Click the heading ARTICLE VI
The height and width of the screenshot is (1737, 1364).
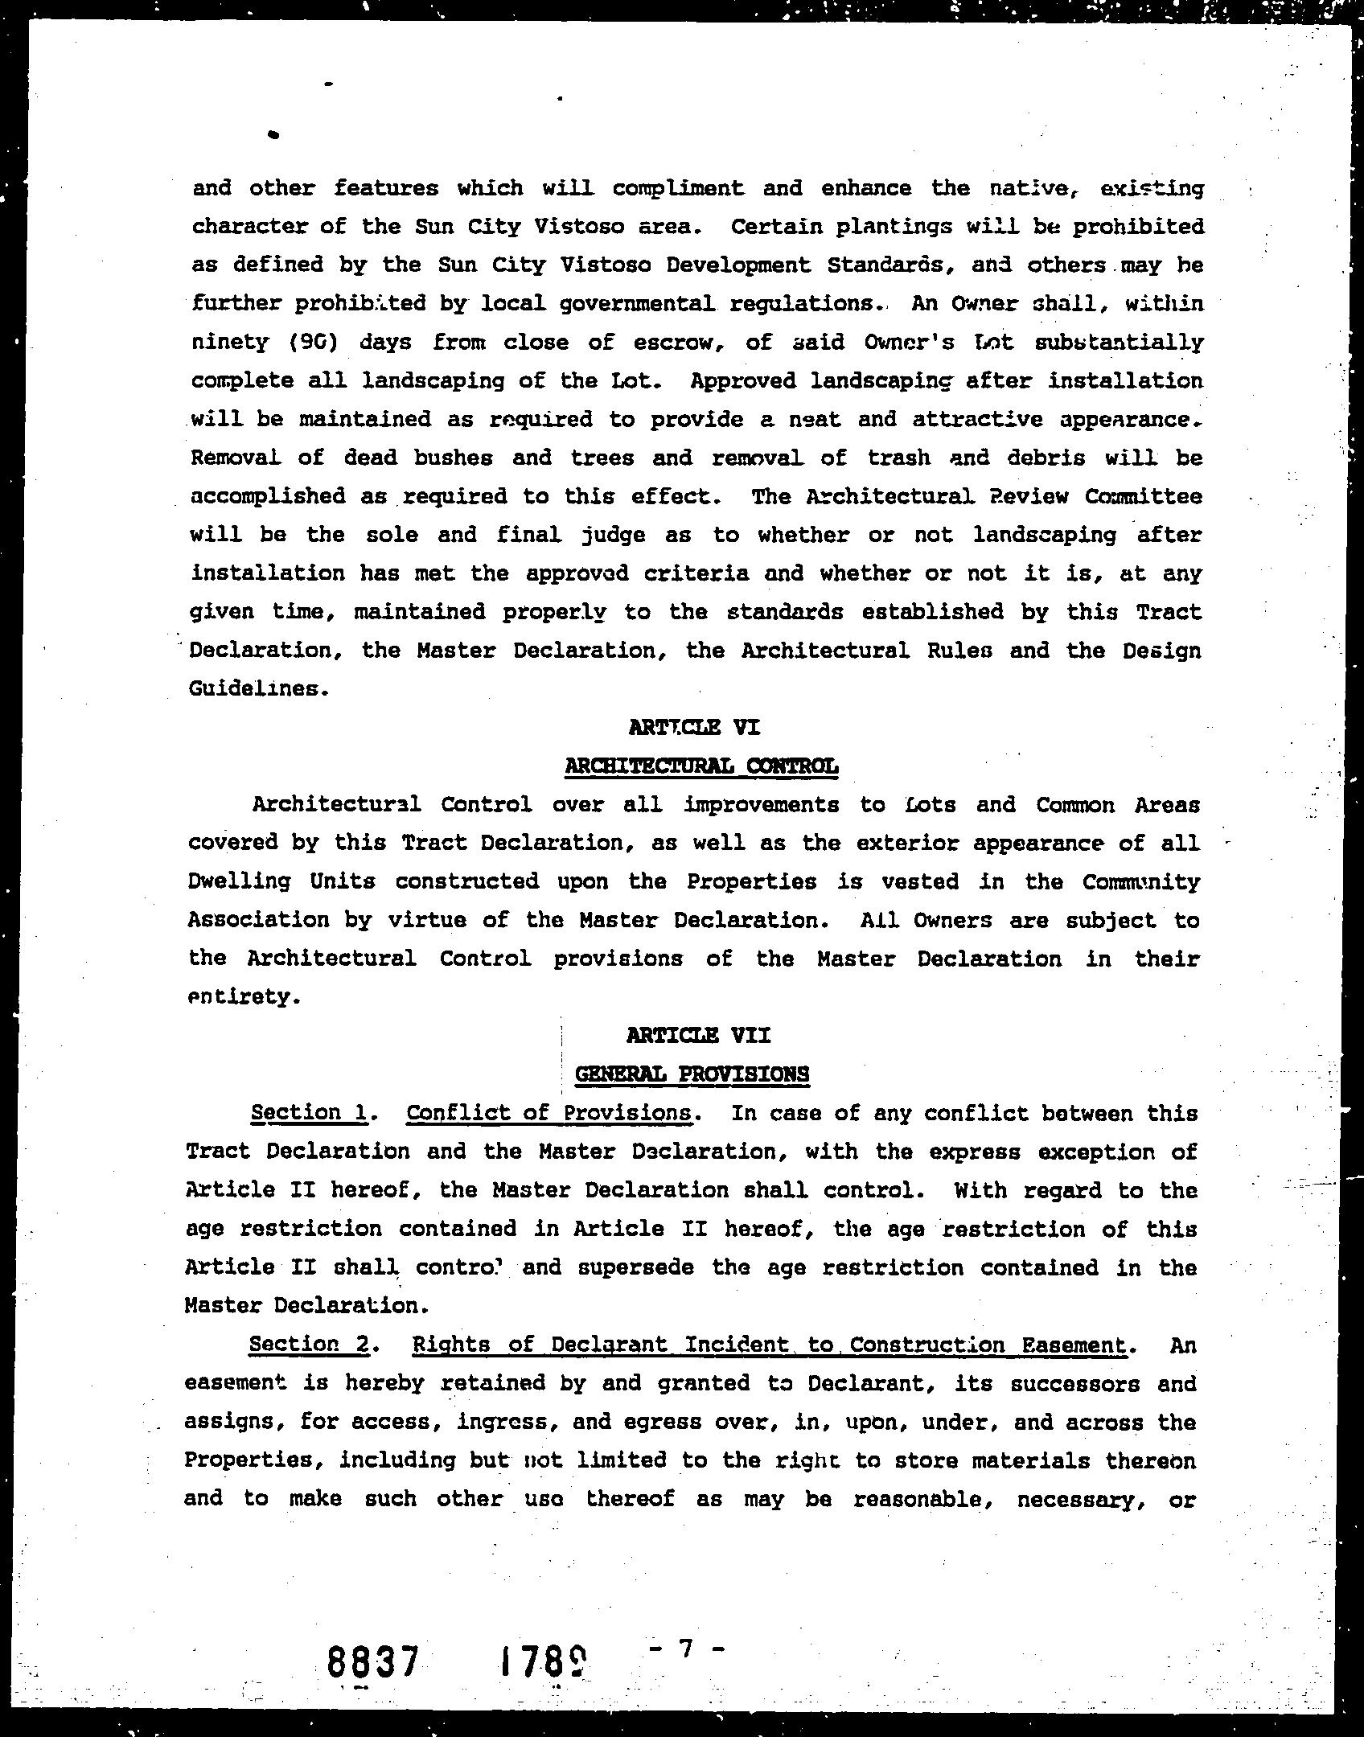(693, 728)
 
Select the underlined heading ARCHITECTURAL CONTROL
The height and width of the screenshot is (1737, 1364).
(701, 766)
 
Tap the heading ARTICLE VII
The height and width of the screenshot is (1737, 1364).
(698, 1035)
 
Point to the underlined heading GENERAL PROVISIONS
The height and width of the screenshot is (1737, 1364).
(692, 1074)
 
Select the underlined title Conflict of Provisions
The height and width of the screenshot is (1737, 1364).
(549, 1113)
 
